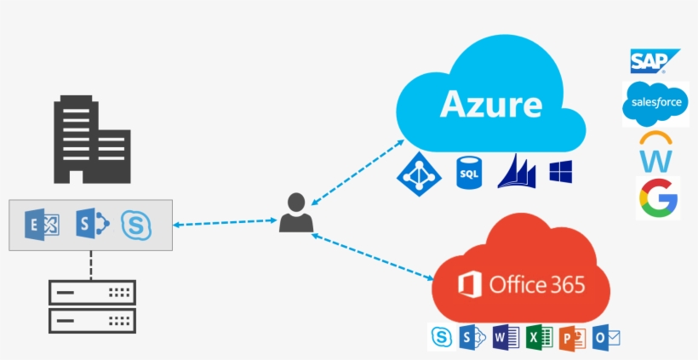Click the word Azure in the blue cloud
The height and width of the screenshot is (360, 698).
coord(491,105)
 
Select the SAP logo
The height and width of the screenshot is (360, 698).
coord(654,61)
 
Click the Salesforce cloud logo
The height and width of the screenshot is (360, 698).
coord(655,104)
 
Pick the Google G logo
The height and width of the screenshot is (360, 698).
coord(657,198)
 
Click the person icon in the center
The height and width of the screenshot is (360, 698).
coord(295,214)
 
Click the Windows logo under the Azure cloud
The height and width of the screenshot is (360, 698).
coord(560,172)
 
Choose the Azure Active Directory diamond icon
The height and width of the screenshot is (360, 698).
coord(418,172)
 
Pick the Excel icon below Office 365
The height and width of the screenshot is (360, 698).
coord(539,338)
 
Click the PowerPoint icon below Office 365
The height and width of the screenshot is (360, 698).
coord(572,338)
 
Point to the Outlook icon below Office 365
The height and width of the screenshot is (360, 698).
coord(606,338)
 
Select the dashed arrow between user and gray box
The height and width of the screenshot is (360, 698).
coord(226,225)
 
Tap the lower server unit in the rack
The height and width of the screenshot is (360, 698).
coord(91,321)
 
